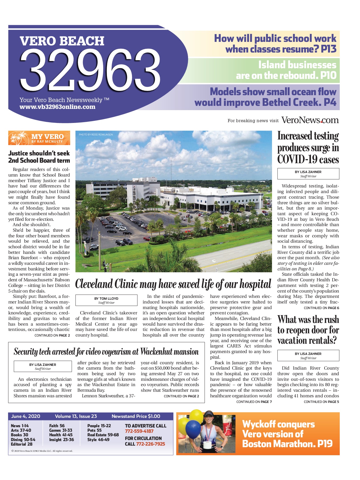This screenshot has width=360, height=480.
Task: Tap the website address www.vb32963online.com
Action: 57,107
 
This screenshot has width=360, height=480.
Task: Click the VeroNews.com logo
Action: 310,120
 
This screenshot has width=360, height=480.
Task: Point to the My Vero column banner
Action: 39,138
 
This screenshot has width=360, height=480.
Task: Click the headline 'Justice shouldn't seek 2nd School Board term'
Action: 39,157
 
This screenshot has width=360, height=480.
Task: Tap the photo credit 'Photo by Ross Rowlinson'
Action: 96,135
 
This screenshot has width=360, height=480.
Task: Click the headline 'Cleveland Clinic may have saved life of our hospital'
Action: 173,284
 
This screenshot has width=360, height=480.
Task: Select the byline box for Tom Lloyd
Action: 106,300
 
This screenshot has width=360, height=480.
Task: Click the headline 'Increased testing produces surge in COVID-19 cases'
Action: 308,148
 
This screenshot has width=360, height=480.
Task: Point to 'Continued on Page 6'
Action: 321,308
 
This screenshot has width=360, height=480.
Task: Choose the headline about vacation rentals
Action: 308,330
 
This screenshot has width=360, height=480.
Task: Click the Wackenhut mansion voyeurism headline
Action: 106,352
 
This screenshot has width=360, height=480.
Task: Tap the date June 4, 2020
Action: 26,416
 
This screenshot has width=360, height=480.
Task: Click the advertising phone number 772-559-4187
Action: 139,431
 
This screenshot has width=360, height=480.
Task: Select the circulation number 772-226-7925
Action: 150,444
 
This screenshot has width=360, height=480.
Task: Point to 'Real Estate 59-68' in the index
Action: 103,435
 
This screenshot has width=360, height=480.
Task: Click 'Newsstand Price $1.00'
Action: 136,416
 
